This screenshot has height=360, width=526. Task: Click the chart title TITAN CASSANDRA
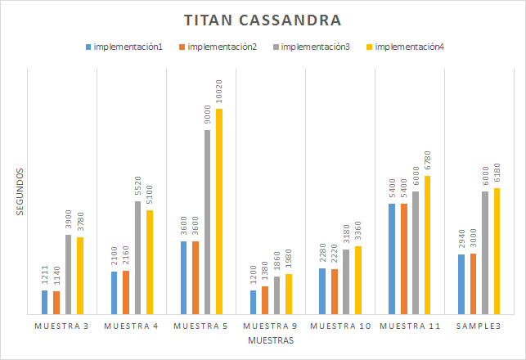[x=263, y=20]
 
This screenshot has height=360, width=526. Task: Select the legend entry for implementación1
[x=127, y=47]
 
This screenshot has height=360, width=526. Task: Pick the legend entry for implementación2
[x=221, y=47]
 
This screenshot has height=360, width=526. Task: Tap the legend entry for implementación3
[x=315, y=47]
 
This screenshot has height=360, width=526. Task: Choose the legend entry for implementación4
[x=409, y=47]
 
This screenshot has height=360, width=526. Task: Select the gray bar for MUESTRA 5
[x=208, y=222]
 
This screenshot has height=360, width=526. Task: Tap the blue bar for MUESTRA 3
[x=45, y=302]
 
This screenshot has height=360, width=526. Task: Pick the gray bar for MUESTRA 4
[x=138, y=257]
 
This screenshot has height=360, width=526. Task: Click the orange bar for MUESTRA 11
[x=404, y=259]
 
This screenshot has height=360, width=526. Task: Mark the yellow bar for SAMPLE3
[x=497, y=250]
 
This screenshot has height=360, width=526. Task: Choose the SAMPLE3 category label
[x=479, y=326]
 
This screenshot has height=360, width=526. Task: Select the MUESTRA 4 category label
[x=132, y=326]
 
